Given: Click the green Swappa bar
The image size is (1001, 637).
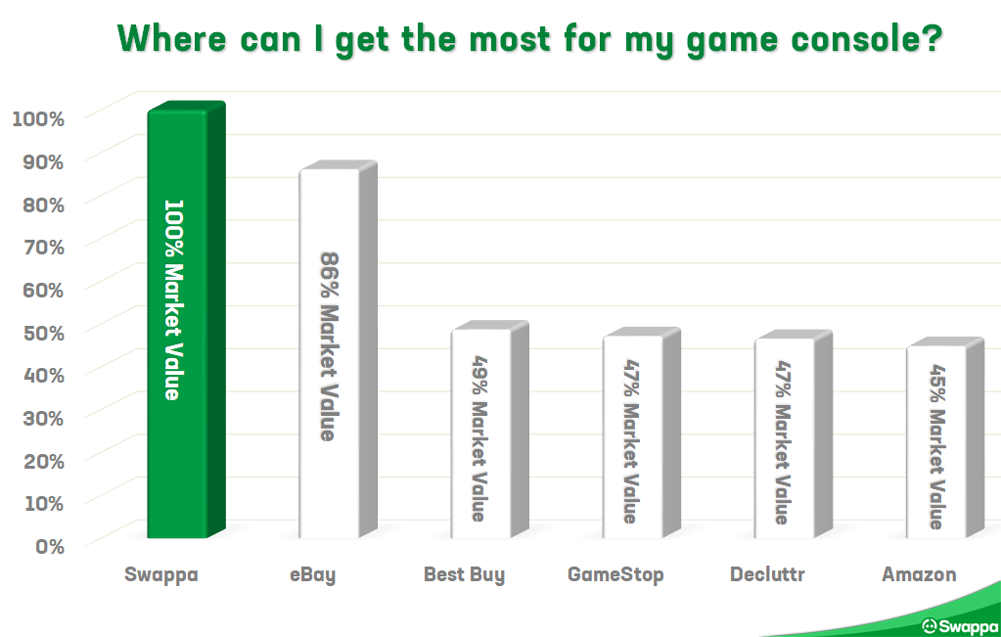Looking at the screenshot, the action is [x=187, y=319].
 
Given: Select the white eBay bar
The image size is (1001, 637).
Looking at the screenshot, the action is [x=339, y=349].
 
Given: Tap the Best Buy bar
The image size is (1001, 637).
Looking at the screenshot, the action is [x=489, y=430].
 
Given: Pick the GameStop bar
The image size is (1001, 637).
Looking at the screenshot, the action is [x=642, y=433].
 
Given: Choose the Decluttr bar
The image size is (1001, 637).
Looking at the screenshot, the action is [x=794, y=434].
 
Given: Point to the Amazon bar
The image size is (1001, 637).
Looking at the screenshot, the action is [x=945, y=437].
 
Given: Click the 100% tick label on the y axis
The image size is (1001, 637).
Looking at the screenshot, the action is [x=38, y=118].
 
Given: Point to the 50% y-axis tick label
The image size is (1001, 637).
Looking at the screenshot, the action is [x=44, y=333].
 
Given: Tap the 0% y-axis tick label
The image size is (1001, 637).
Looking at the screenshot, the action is [x=50, y=546].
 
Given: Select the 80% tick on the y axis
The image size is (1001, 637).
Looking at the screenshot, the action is [x=44, y=205].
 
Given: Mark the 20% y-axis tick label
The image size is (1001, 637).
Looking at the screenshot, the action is [x=44, y=461].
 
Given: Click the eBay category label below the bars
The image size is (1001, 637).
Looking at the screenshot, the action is [x=313, y=575].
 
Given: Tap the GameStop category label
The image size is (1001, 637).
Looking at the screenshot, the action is [x=615, y=574].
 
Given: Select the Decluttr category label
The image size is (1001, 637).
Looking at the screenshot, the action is [x=767, y=573].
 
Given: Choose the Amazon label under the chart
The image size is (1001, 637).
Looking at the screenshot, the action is [x=919, y=574].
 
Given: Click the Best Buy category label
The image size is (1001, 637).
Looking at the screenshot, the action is [x=464, y=575].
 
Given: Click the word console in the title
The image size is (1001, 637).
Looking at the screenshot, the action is [x=866, y=39].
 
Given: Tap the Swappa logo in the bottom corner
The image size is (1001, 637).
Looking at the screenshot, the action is [x=961, y=626].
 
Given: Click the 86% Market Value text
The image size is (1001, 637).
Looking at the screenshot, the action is [x=330, y=346].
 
